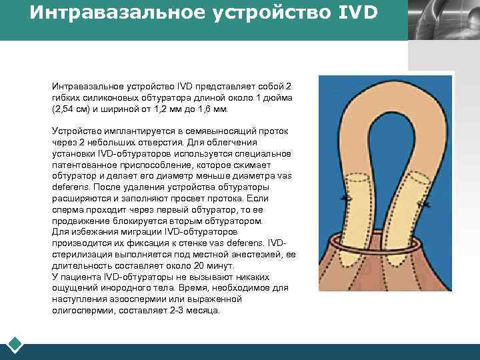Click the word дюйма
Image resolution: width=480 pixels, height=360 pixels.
pos(279,97)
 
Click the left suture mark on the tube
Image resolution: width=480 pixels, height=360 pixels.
pos(345,199)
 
